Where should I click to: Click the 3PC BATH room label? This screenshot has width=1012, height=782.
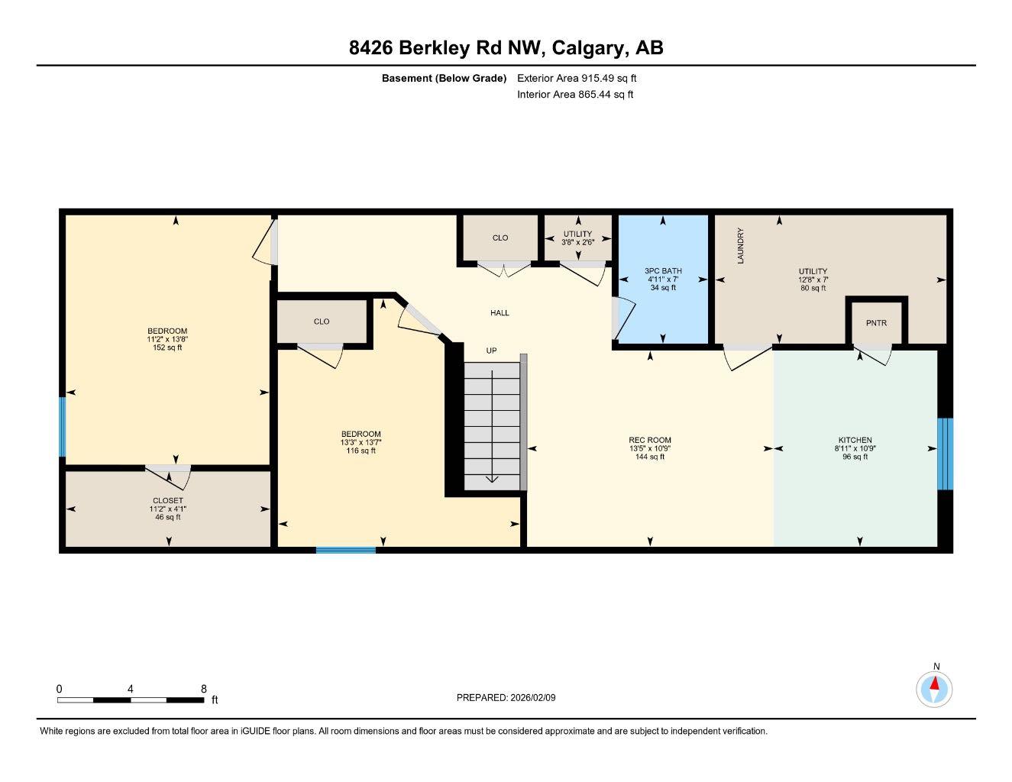[x=662, y=271]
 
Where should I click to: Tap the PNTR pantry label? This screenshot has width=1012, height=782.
[x=876, y=323]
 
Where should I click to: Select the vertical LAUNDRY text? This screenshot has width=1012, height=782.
[x=740, y=246]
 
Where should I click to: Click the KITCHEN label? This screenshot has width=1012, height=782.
[x=855, y=440]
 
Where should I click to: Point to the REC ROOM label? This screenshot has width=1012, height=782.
[x=649, y=440]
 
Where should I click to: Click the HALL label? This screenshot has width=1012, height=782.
[x=500, y=312]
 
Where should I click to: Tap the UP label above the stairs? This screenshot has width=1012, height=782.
[x=492, y=351]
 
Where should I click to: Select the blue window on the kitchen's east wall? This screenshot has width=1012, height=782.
[x=945, y=454]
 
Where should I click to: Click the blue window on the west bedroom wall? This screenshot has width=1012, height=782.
[x=63, y=426]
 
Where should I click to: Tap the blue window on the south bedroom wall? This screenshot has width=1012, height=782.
[x=346, y=550]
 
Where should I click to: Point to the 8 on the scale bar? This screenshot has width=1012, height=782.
[x=203, y=689]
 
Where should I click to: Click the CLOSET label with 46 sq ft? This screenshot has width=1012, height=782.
[x=167, y=501]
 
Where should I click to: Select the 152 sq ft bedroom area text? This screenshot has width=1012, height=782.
[x=167, y=347]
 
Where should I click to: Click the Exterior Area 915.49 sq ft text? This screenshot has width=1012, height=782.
[x=577, y=78]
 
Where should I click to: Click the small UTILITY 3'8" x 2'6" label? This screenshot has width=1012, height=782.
[x=577, y=234]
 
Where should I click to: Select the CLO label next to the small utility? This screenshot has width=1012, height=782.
[x=500, y=238]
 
